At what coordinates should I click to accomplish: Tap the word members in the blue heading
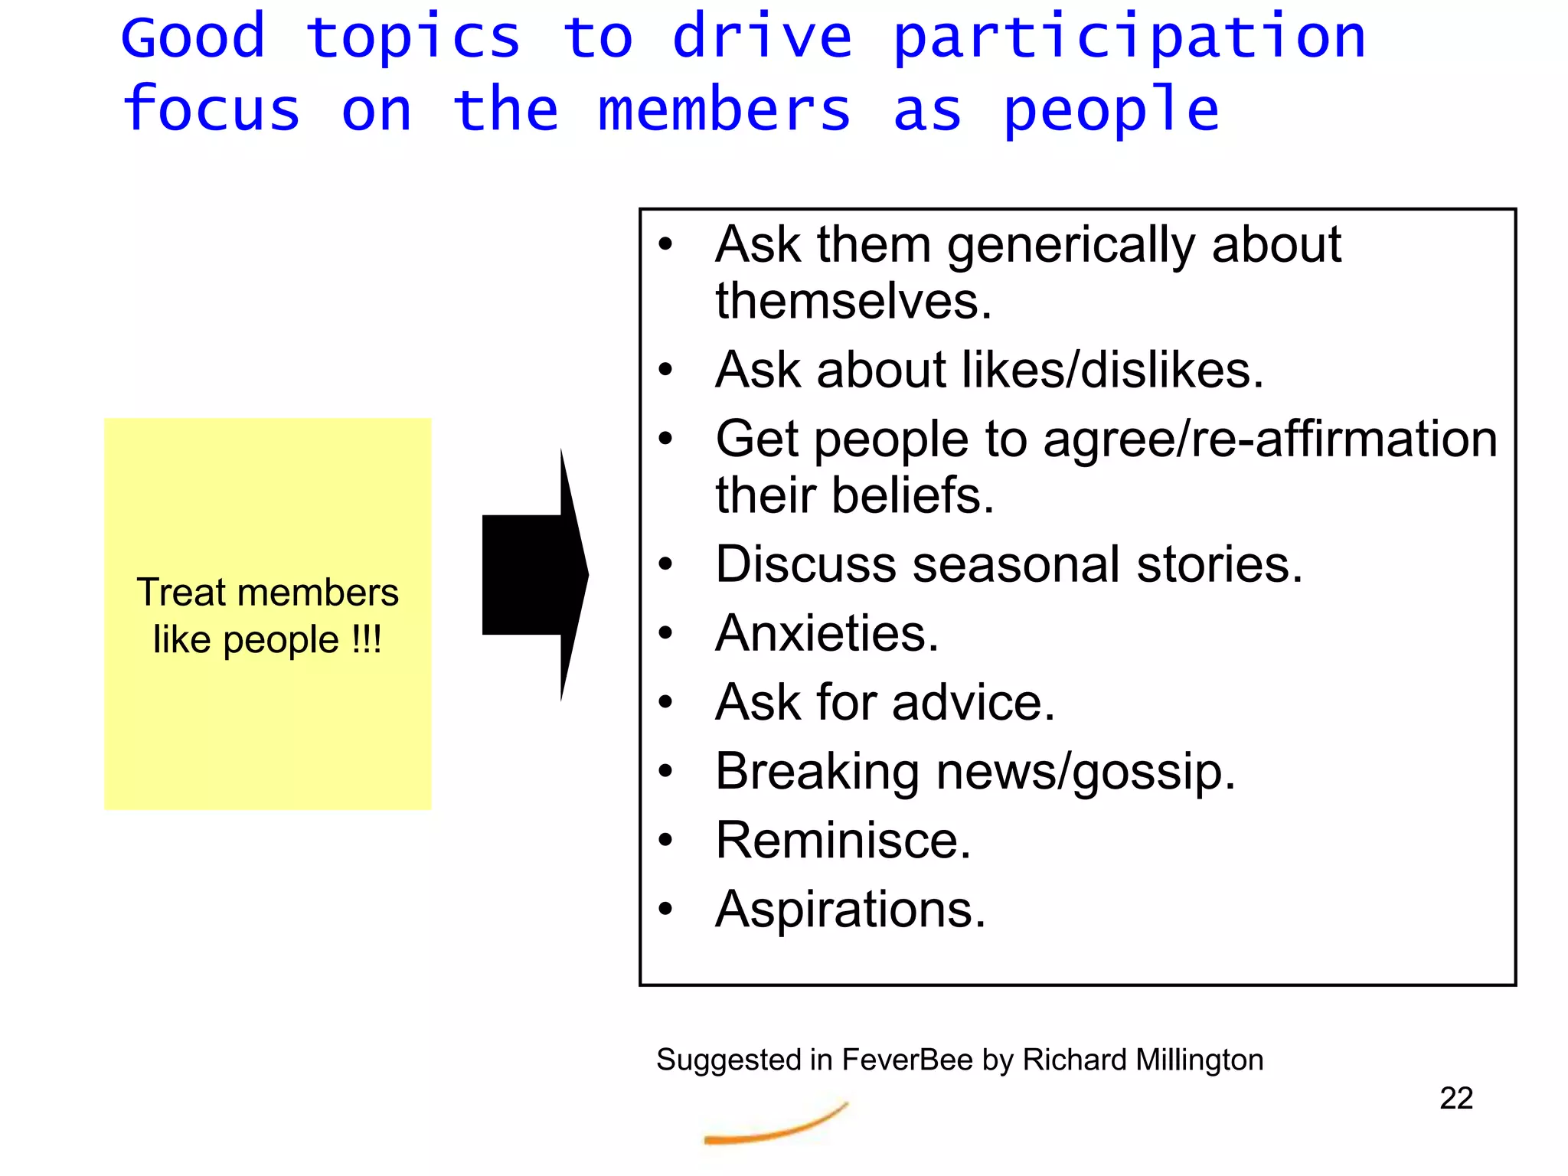(x=724, y=109)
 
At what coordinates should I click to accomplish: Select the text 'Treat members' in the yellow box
(x=267, y=593)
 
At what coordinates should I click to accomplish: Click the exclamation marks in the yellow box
(x=366, y=639)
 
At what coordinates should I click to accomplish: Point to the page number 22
(x=1455, y=1098)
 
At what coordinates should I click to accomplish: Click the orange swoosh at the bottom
(x=775, y=1126)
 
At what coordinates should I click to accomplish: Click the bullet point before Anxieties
(x=665, y=633)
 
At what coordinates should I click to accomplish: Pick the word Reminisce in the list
(x=842, y=840)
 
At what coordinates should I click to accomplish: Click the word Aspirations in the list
(x=850, y=909)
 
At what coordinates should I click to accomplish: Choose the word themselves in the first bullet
(x=853, y=301)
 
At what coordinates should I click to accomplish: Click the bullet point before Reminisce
(x=665, y=840)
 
